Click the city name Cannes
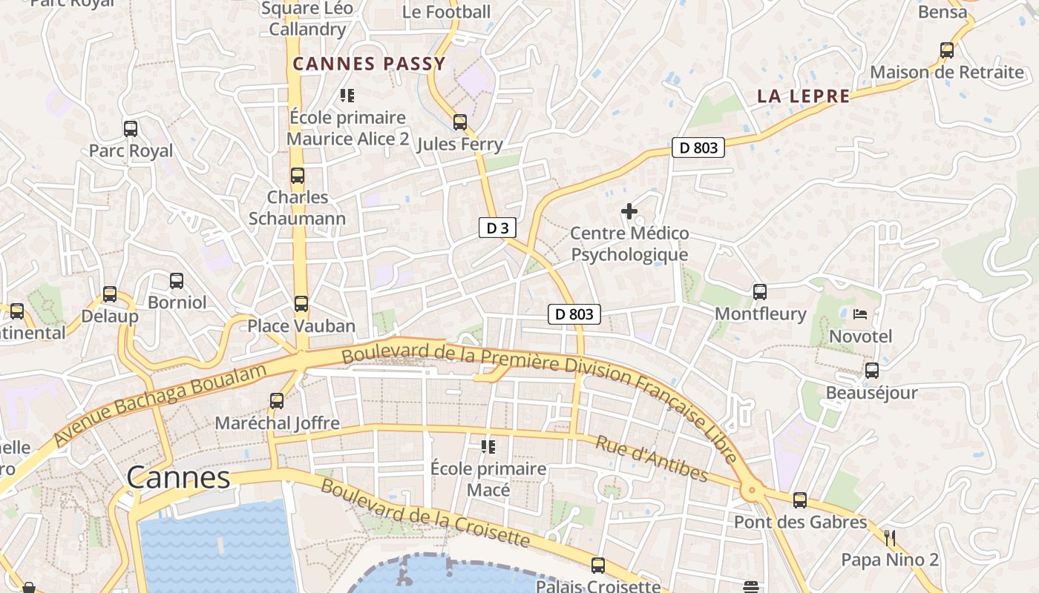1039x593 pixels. (178, 477)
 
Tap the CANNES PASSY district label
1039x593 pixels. (369, 64)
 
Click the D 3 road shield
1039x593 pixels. (497, 228)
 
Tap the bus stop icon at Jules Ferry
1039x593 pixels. (460, 122)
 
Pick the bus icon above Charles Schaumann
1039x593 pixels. (298, 176)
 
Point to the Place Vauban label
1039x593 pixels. (301, 326)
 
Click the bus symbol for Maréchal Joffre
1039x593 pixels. (277, 401)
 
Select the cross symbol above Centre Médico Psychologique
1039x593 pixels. (629, 212)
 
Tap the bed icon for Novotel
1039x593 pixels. (860, 314)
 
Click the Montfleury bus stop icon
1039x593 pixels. (760, 292)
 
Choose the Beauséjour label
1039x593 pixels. (872, 393)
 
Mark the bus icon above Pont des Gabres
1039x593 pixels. (800, 500)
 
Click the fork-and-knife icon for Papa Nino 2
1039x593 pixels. (890, 537)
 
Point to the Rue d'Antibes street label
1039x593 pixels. (652, 459)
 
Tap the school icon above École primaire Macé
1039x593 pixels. (488, 446)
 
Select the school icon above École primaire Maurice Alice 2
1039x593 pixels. (347, 95)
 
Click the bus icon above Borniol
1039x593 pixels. (176, 281)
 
